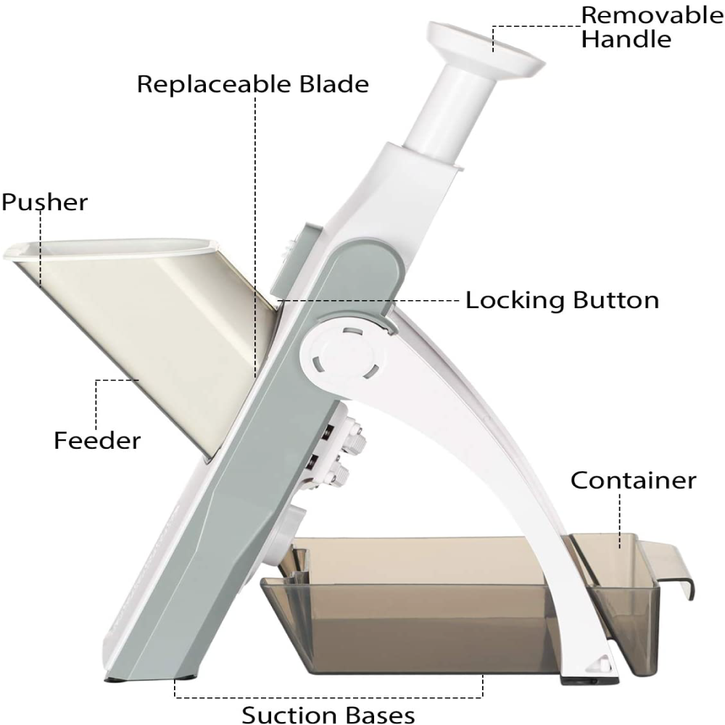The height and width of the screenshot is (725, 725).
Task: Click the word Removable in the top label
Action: click(652, 14)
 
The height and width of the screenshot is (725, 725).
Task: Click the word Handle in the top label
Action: click(626, 39)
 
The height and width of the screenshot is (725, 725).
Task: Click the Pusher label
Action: click(44, 202)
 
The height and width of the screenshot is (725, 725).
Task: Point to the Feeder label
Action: click(97, 440)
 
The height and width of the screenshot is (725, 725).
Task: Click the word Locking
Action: click(514, 300)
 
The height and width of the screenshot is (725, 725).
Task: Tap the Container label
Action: click(633, 480)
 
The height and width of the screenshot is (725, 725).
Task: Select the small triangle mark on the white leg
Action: click(600, 663)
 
